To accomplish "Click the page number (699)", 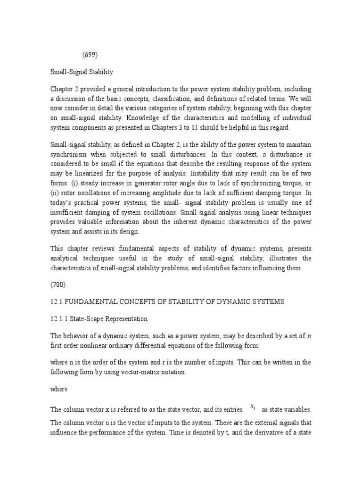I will pos(90,55).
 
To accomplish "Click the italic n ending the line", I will pos(309,336).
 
